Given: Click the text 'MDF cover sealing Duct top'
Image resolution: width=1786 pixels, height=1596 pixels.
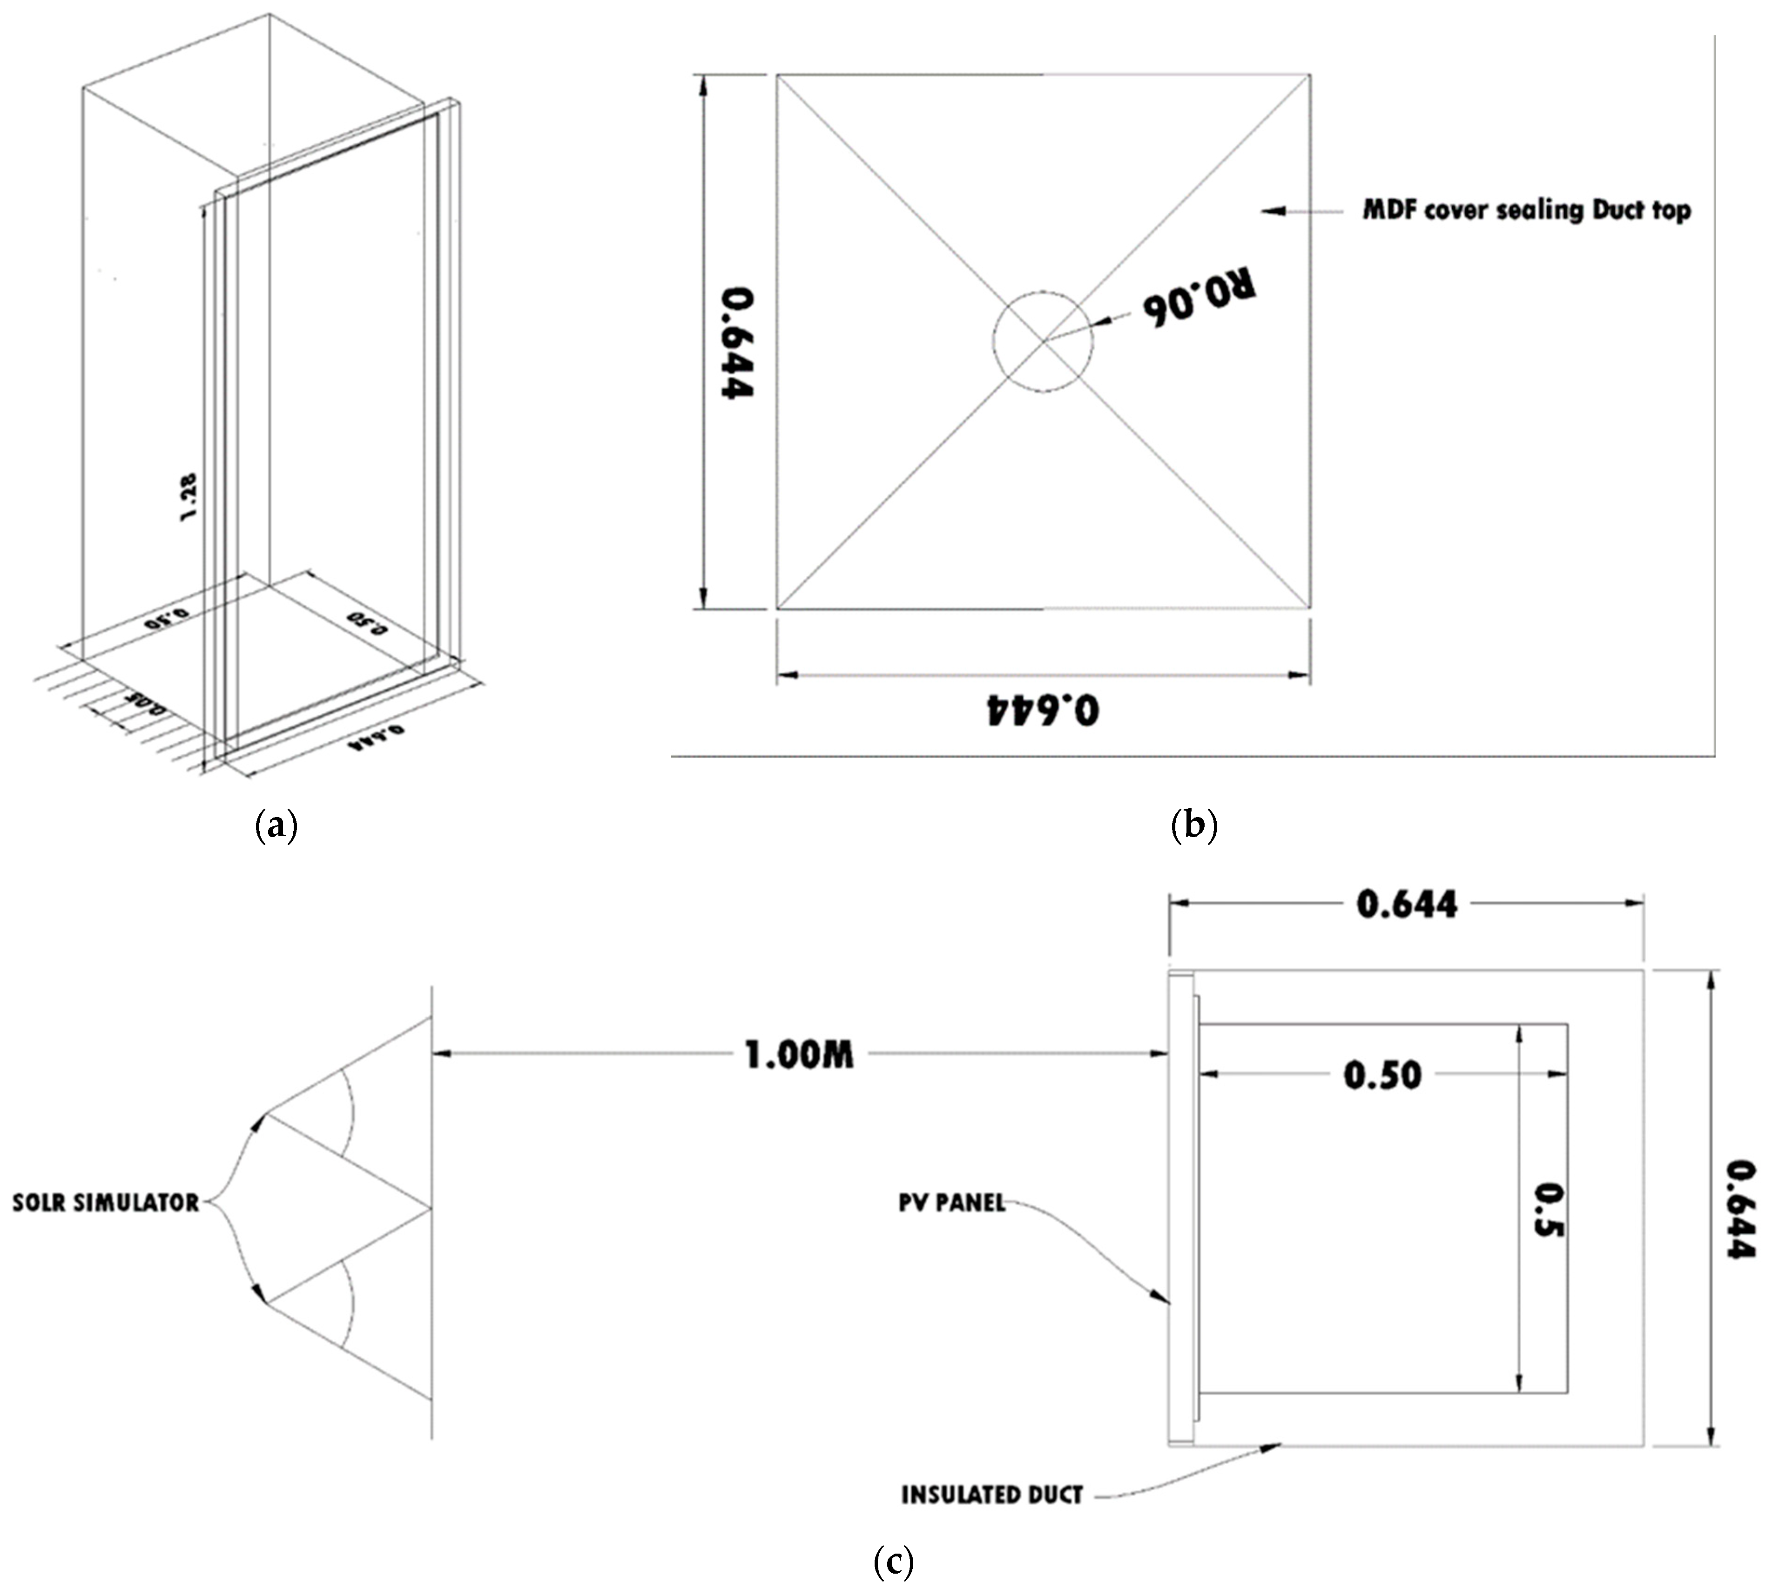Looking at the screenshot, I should coord(1526,210).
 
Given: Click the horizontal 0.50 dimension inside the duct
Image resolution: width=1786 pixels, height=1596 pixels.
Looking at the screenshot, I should coord(1383,1075).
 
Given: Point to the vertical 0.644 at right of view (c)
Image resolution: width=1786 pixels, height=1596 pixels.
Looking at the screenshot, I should coord(1740,1210).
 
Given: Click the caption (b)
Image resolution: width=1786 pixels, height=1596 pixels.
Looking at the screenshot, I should coord(1194,826).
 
